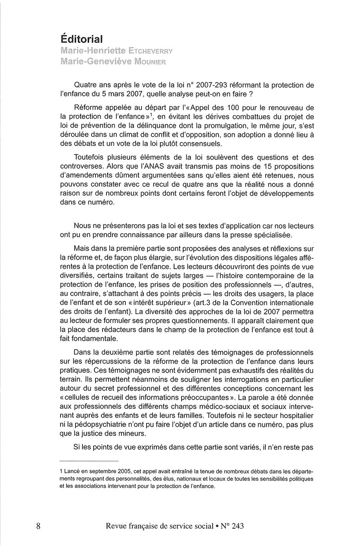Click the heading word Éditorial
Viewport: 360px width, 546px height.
click(82, 39)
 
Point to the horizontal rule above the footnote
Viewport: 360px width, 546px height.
click(89, 461)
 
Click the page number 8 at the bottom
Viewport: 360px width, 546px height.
click(39, 526)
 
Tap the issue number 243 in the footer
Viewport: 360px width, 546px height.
click(238, 526)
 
